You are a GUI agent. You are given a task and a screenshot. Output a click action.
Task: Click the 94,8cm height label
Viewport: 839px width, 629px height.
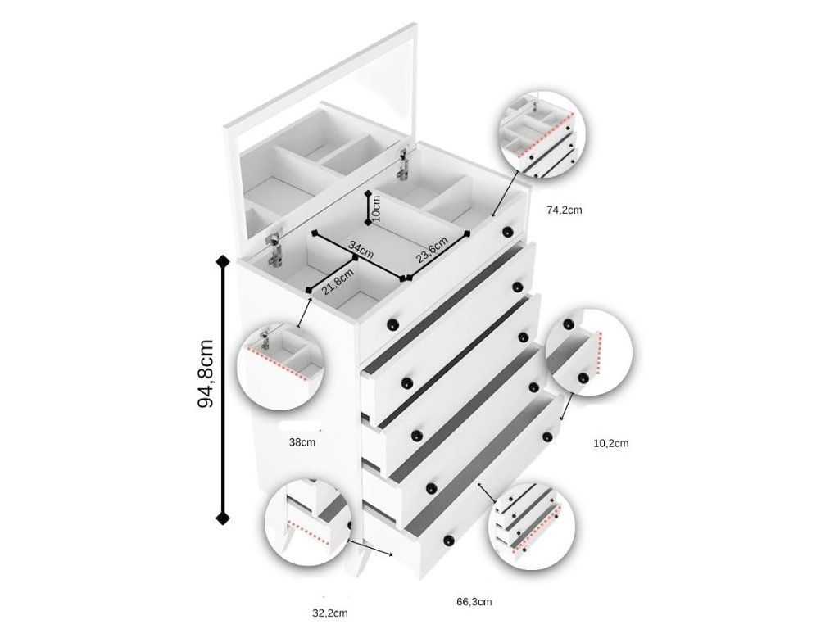click(206, 373)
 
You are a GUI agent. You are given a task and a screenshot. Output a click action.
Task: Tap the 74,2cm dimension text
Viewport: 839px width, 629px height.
click(564, 210)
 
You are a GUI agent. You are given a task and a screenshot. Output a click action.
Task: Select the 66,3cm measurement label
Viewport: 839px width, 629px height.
click(474, 602)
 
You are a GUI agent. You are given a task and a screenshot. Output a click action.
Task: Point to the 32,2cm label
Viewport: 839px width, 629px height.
click(330, 613)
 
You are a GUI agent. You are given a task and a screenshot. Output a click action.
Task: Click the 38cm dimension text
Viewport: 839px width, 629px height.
click(302, 442)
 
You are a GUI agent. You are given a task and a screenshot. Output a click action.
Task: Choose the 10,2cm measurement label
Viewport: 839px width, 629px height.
click(611, 443)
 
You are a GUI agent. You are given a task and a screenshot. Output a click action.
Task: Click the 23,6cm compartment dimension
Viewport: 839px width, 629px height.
click(432, 251)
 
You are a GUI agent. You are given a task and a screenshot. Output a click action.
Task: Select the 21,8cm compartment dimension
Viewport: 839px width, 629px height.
click(338, 282)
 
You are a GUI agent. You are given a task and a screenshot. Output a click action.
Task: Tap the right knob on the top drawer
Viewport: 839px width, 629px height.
click(506, 232)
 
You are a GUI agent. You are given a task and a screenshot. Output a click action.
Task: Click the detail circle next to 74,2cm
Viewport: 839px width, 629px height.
click(542, 135)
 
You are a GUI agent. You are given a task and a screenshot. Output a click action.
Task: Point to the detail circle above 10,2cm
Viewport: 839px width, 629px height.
click(589, 352)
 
